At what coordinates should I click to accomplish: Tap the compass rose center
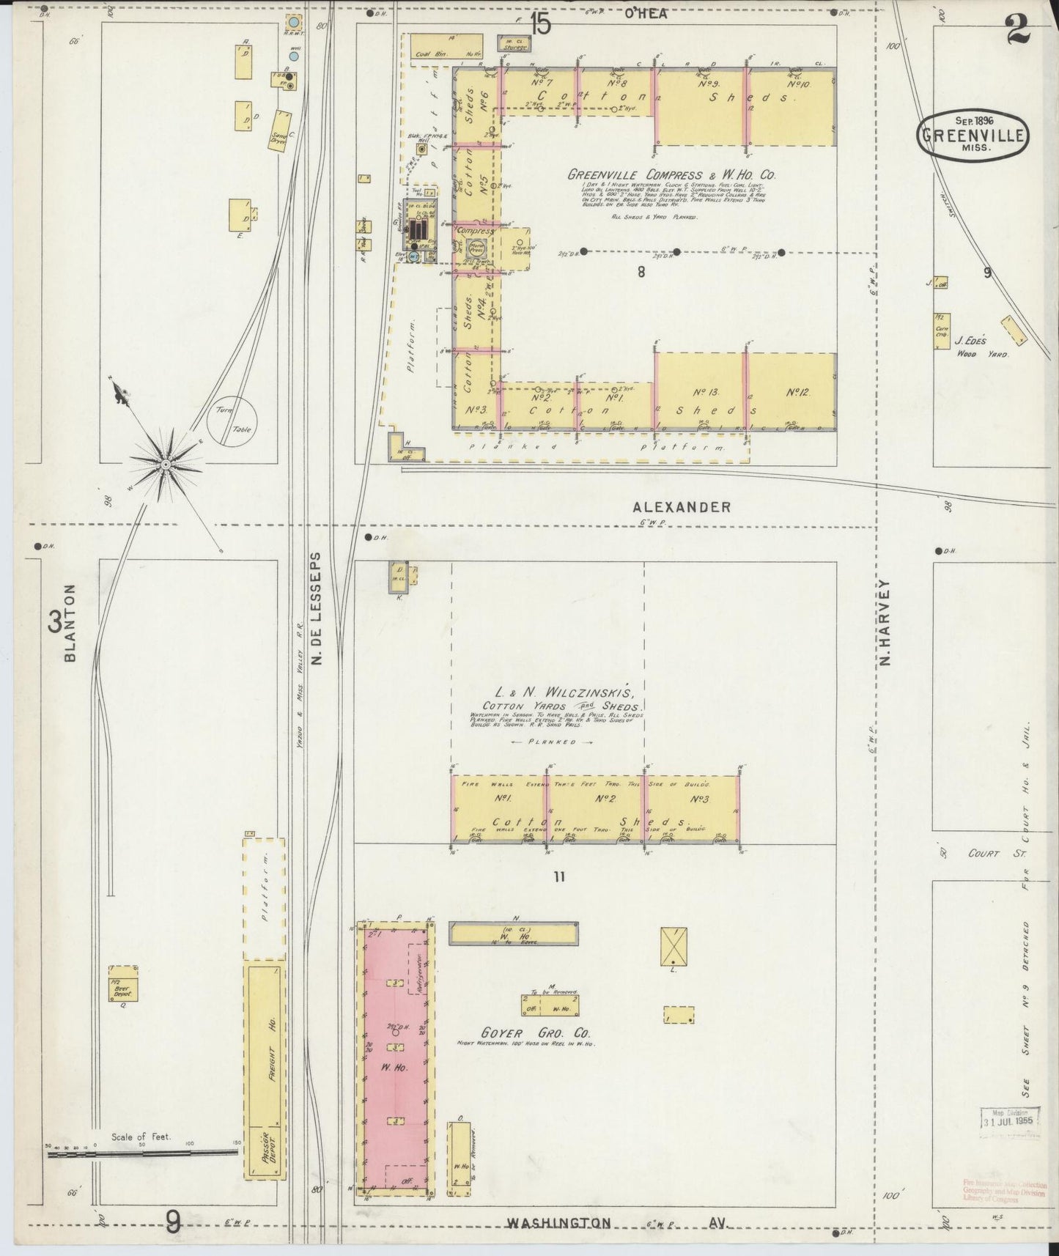166,464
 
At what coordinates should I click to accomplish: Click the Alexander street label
682,506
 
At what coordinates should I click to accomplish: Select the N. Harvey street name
885,623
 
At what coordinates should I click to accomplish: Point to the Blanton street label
70,623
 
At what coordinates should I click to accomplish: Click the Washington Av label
615,1223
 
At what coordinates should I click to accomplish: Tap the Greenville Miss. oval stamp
973,134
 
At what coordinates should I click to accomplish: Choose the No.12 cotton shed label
797,393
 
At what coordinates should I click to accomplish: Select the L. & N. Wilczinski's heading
560,692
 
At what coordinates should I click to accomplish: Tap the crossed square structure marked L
672,946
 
